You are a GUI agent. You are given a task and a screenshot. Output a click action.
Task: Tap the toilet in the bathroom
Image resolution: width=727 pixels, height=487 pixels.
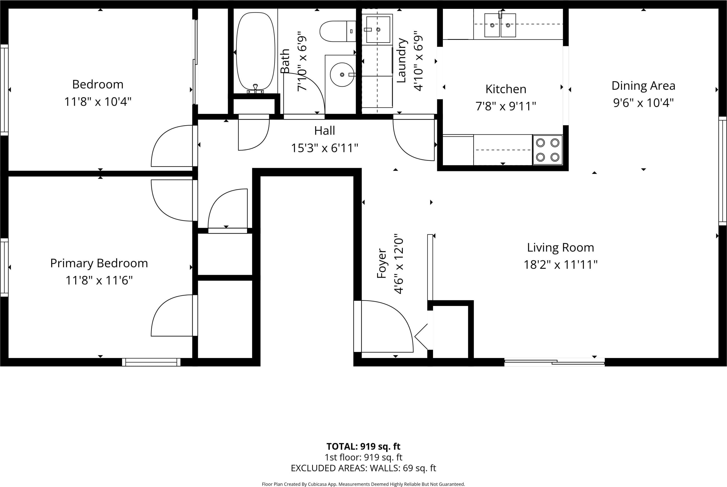tap(338, 31)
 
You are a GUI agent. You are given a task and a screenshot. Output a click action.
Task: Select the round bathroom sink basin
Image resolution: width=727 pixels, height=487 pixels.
tap(342, 75)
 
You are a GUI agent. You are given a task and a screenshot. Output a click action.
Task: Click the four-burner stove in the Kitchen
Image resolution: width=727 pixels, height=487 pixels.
tap(548, 150)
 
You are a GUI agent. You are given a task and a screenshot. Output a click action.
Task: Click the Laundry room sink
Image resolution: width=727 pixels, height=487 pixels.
tap(378, 29)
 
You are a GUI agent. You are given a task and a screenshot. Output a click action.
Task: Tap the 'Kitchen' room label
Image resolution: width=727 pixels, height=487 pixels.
tap(506, 89)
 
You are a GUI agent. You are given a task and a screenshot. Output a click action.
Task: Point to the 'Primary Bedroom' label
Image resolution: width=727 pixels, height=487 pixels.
tap(99, 263)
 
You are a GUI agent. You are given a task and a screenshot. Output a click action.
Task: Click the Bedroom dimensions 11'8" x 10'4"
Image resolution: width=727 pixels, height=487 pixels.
tap(98, 102)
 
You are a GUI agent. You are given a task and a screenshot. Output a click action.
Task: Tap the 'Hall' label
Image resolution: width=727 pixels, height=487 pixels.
tap(324, 131)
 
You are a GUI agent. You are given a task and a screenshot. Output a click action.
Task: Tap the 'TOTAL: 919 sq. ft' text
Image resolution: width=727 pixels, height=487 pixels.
tap(363, 447)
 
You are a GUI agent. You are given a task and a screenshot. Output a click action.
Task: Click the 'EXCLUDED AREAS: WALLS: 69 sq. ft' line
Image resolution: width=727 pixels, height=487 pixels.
tap(363, 468)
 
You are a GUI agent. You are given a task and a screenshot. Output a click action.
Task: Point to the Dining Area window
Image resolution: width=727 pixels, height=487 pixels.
tap(723, 171)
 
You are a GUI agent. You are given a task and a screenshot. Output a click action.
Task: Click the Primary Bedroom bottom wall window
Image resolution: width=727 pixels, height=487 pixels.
tap(151, 362)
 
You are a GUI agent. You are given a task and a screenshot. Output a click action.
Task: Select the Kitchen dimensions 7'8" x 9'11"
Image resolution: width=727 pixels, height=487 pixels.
tap(506, 106)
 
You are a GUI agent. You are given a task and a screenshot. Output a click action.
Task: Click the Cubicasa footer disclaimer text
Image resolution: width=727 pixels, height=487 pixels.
tap(363, 484)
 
